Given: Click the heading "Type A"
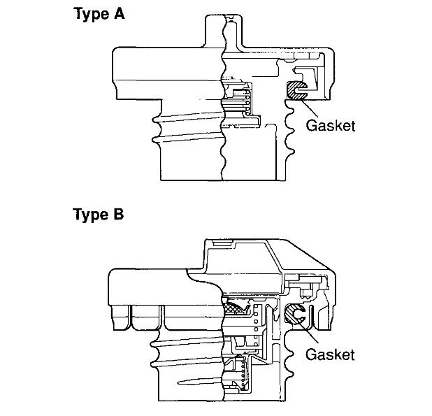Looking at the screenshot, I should [x=99, y=14].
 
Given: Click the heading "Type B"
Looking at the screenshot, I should [x=99, y=214].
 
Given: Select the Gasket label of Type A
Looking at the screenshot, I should [x=331, y=126].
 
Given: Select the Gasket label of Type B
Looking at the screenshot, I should [x=331, y=354].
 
